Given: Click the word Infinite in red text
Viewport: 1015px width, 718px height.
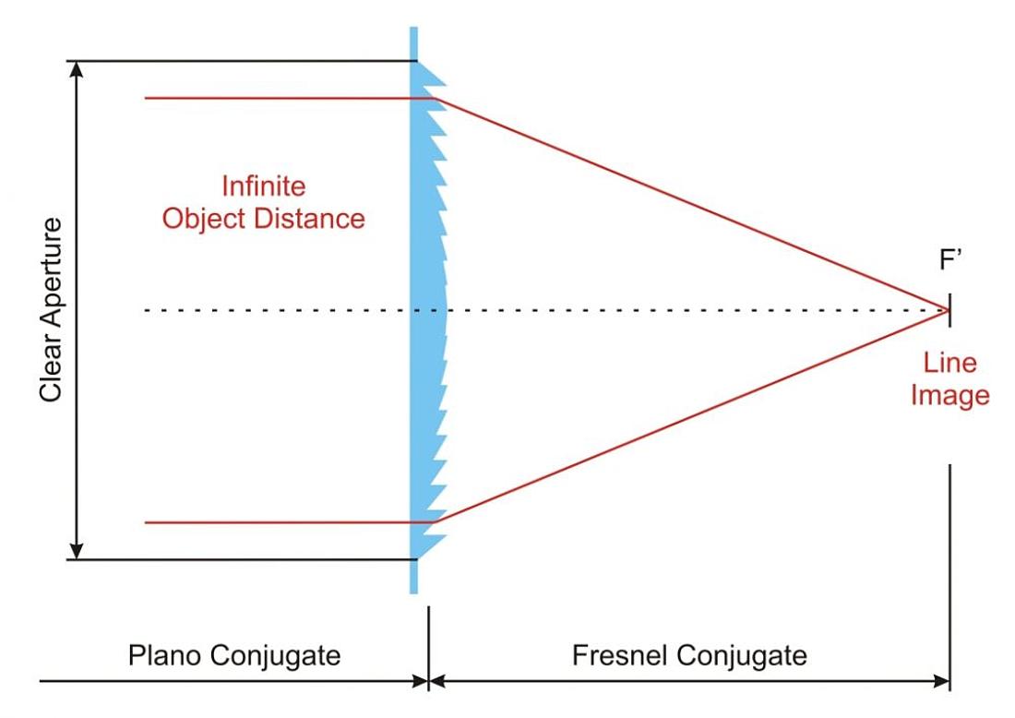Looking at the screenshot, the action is pos(264,186).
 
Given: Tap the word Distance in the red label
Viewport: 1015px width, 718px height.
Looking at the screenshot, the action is pos(309,218).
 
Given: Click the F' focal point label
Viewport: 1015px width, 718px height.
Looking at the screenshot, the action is pos(950,260).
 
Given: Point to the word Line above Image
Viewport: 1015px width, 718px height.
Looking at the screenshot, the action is pos(949,363).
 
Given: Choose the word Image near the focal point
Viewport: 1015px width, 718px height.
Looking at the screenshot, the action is pos(949,395).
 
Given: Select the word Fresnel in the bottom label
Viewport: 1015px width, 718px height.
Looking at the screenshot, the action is pos(620,655).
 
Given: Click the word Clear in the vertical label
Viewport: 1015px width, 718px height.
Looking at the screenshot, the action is pos(51,374).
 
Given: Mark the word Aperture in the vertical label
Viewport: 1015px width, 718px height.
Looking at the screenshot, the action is pos(51,279).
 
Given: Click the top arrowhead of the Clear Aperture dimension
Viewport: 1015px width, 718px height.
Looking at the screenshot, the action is pos(77,68).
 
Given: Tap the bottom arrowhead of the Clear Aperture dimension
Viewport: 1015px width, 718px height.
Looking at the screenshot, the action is pos(77,552).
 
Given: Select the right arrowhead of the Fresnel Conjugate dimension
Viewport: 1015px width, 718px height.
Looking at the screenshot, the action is pos(942,681).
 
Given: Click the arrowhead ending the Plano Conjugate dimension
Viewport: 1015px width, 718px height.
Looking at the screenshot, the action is pos(421,681).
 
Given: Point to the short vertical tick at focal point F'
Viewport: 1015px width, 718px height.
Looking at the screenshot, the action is pos(949,310).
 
